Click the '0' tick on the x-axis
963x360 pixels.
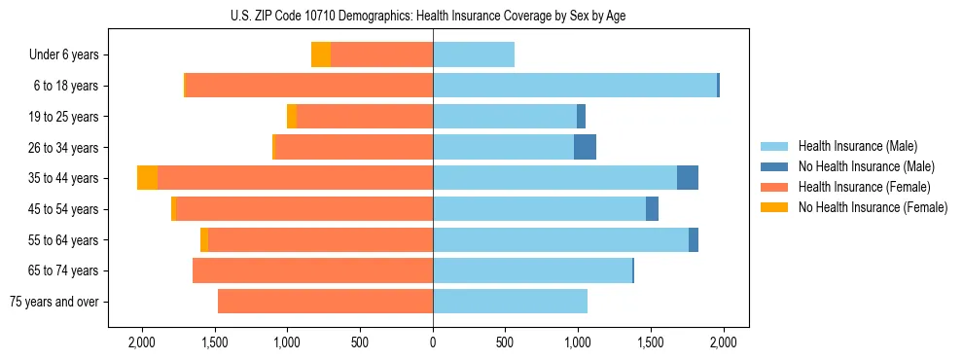tap(433, 342)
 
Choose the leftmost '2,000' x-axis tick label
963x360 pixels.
tap(142, 342)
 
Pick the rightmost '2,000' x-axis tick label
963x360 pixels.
tap(723, 342)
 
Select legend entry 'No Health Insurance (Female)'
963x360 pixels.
tap(873, 207)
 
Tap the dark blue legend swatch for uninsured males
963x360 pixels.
tap(774, 166)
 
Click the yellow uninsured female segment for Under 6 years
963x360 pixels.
tap(321, 55)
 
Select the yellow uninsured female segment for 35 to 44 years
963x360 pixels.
tap(147, 178)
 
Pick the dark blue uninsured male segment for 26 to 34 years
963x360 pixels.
tap(585, 148)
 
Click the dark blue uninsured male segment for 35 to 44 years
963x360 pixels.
tap(688, 178)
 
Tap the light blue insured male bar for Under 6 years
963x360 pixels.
tap(474, 55)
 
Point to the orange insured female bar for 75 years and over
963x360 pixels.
tap(325, 302)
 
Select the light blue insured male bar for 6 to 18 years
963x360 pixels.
tap(575, 86)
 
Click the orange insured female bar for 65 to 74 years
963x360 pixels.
tap(312, 270)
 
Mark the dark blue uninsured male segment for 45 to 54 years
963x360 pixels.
tap(652, 209)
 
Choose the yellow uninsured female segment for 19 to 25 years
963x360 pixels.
tap(292, 117)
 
